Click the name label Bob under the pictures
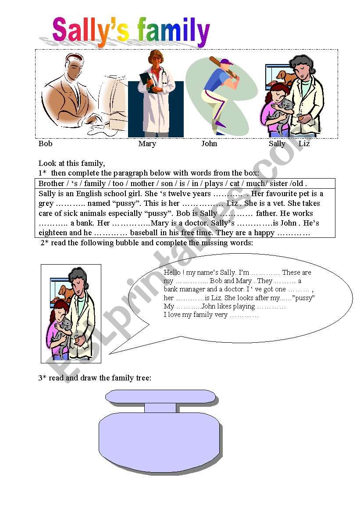[x=45, y=143]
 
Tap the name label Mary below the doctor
[x=147, y=143]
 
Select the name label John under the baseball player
[x=209, y=143]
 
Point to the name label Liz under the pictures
[x=304, y=143]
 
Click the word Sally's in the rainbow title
[x=91, y=32]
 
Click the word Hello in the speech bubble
[x=172, y=273]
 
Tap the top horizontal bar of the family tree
[x=160, y=397]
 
